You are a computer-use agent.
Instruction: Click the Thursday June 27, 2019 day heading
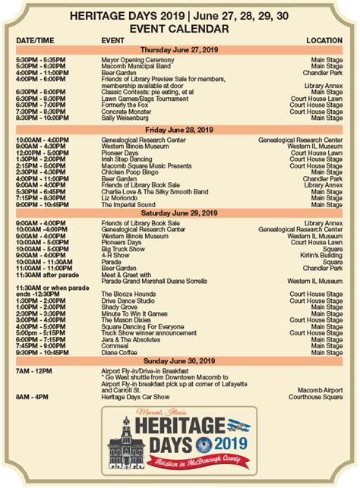[x=179, y=49]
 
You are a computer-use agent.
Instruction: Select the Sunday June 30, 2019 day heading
[x=179, y=360]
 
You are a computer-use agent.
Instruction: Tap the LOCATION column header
[x=324, y=39]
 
